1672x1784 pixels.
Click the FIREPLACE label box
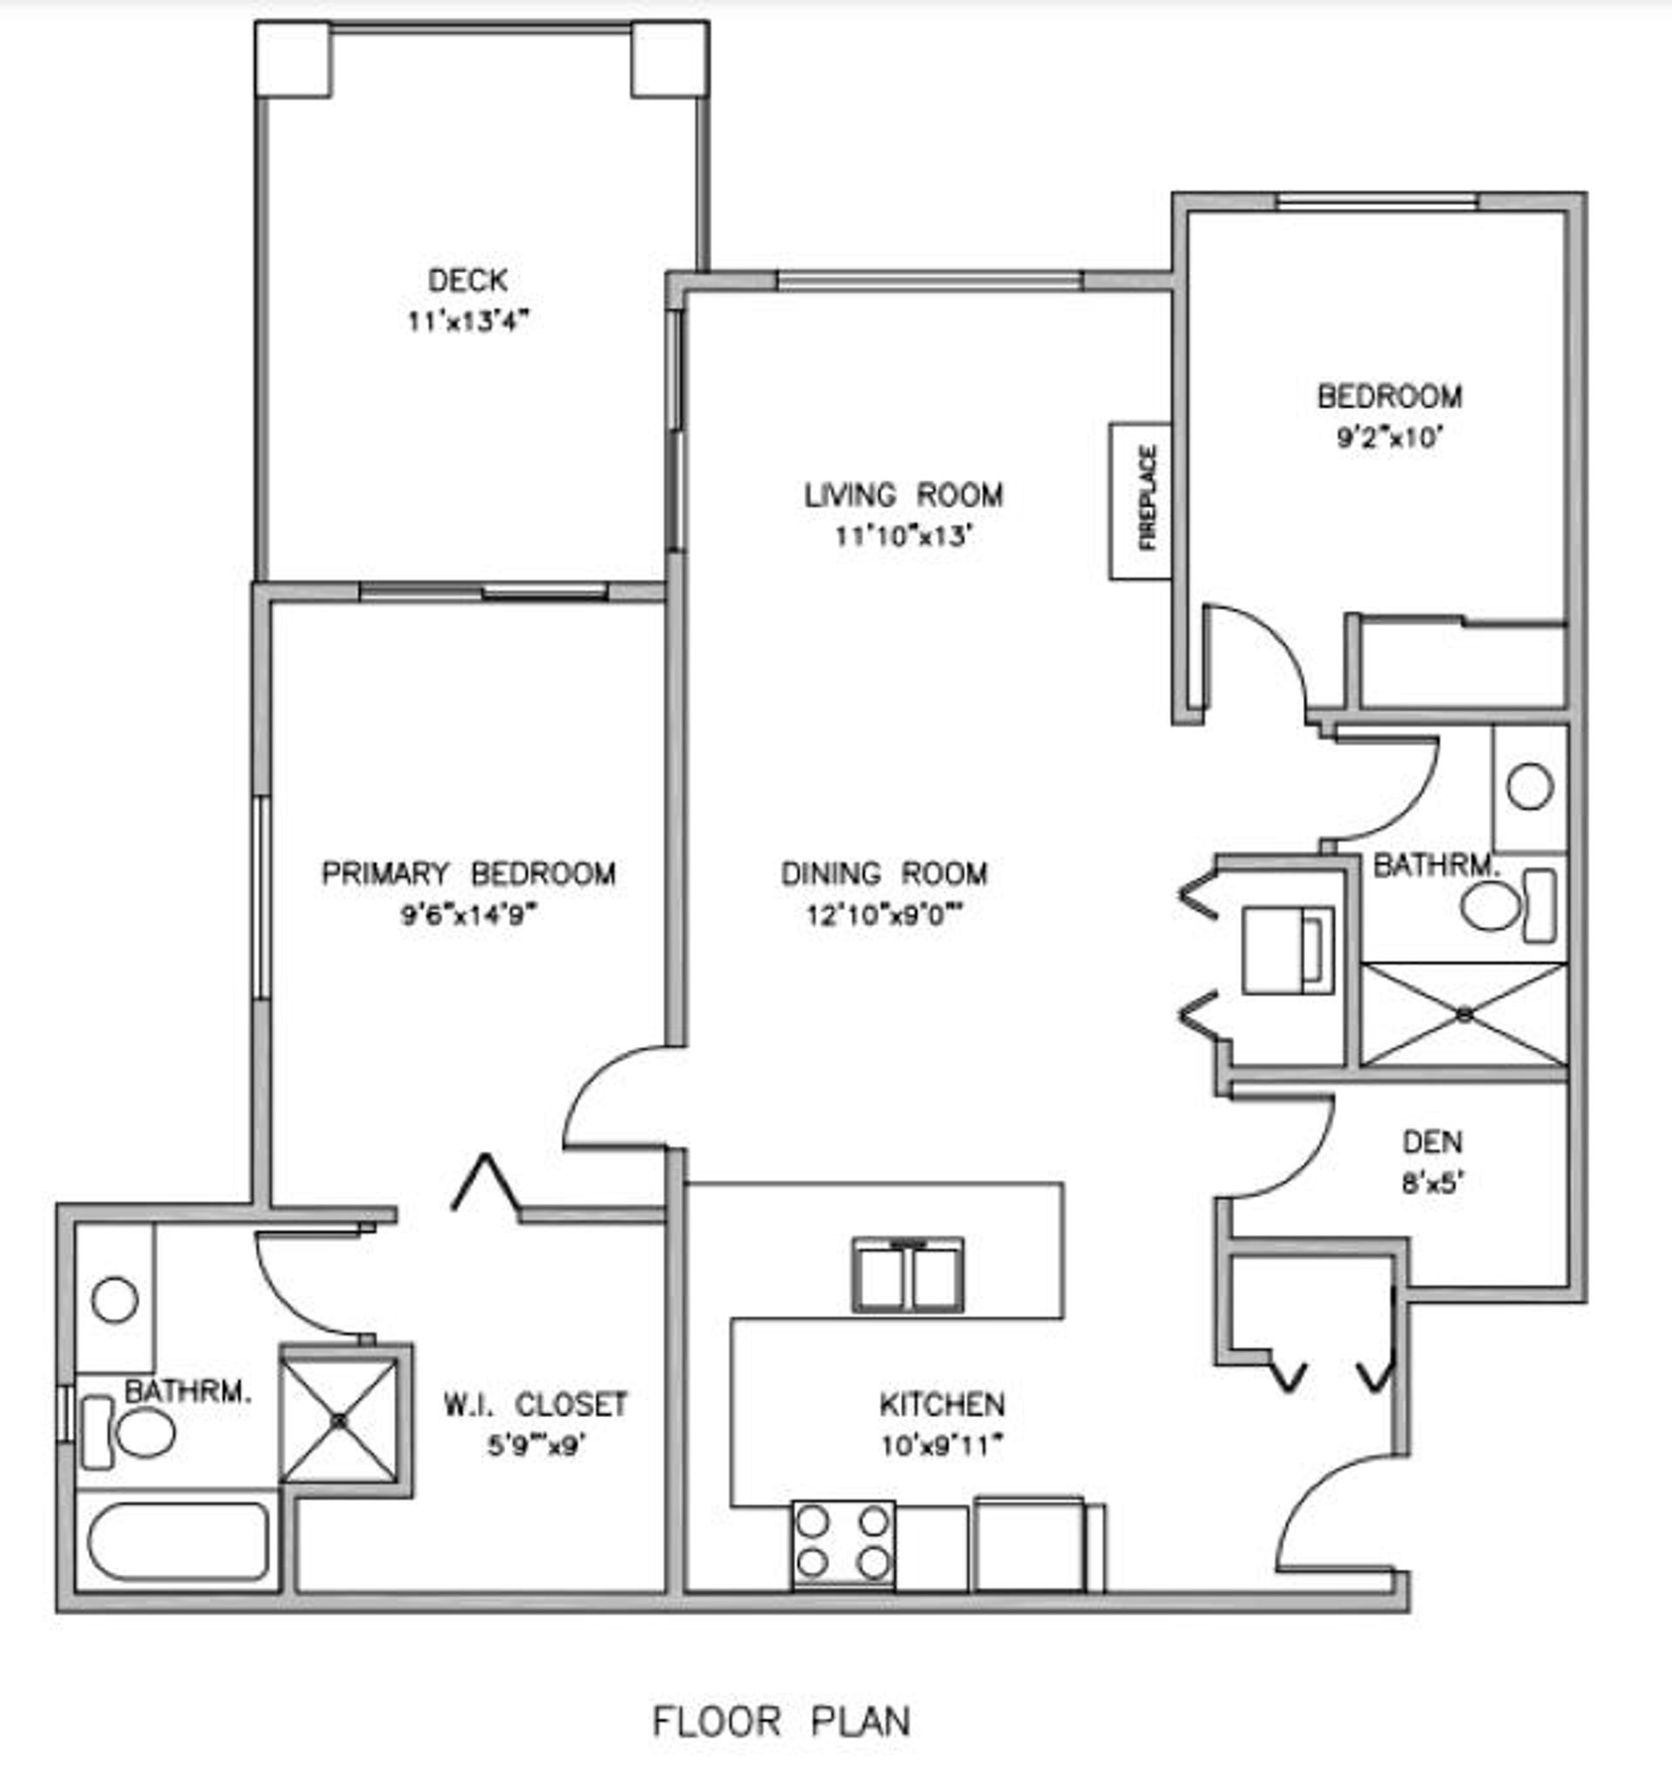1141,501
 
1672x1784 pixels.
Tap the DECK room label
468,280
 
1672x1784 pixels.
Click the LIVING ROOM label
904,495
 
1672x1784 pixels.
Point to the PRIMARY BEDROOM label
469,873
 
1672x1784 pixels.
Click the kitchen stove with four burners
844,1543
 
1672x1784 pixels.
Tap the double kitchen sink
908,1275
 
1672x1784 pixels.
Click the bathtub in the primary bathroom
178,1541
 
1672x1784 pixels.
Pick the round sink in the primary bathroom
115,1298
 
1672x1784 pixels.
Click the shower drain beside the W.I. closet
340,1422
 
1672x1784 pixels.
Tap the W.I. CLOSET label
536,1404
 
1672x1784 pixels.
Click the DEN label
1433,1142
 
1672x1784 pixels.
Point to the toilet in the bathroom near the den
1507,906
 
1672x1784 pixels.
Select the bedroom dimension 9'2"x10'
1389,437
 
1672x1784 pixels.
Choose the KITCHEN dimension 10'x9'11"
942,1445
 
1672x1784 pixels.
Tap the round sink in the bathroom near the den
1530,787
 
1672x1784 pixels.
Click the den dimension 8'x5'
1433,1183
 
